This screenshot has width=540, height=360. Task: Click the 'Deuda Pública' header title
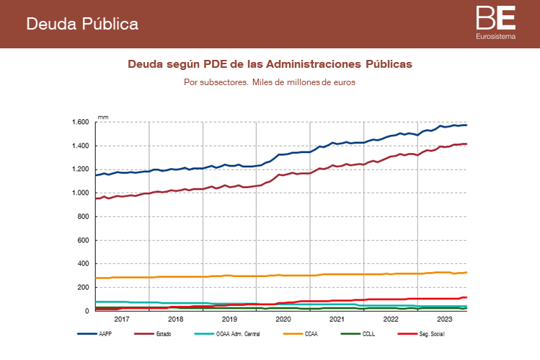[82, 24]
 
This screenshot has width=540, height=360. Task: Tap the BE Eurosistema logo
[495, 22]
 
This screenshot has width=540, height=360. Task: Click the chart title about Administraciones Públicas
[270, 64]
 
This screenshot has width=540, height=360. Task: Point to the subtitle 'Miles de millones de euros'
[270, 82]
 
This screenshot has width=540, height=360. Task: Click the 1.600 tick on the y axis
[80, 122]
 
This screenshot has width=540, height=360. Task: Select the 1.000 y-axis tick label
[80, 193]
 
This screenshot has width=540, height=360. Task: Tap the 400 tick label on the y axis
[84, 264]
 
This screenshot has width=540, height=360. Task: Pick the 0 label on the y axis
[88, 311]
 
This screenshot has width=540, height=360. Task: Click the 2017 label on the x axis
[121, 319]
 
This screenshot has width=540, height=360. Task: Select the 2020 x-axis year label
[283, 319]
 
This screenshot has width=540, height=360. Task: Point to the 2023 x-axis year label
[444, 319]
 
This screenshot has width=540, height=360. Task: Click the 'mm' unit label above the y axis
[103, 116]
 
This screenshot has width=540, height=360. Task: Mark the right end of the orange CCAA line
[466, 273]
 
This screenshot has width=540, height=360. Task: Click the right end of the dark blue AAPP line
[466, 126]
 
